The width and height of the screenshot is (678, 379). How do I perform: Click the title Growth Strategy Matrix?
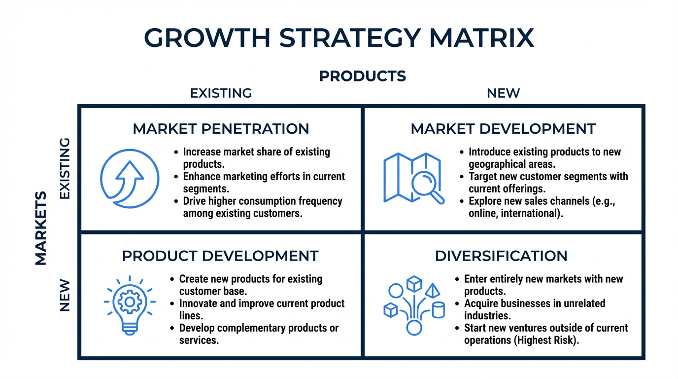click(339, 38)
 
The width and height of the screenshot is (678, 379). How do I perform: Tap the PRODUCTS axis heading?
click(363, 76)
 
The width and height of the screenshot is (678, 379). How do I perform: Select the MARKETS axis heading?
click(41, 228)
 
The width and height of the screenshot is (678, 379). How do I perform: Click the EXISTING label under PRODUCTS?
click(221, 93)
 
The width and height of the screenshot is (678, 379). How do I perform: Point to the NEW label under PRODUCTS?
click(503, 93)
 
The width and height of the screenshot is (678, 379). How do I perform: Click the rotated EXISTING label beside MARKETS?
click(65, 169)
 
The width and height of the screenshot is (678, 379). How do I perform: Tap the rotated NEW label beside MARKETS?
click(65, 296)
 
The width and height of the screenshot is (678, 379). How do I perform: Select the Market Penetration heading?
click(221, 129)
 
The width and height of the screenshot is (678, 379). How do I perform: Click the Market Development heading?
click(503, 129)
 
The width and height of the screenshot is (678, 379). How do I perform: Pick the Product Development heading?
click(220, 256)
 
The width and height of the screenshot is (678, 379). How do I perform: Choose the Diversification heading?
click(501, 256)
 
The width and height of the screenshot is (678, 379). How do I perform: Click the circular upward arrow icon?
click(130, 179)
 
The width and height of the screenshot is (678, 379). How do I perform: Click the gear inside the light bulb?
click(129, 301)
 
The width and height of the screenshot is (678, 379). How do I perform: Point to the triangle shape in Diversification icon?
click(432, 289)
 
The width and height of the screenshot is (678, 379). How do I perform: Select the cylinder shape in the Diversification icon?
click(438, 310)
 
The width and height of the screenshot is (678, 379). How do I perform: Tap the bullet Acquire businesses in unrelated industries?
click(535, 309)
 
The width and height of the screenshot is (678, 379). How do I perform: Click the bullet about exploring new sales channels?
click(542, 207)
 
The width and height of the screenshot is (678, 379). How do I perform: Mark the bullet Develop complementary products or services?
click(259, 334)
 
